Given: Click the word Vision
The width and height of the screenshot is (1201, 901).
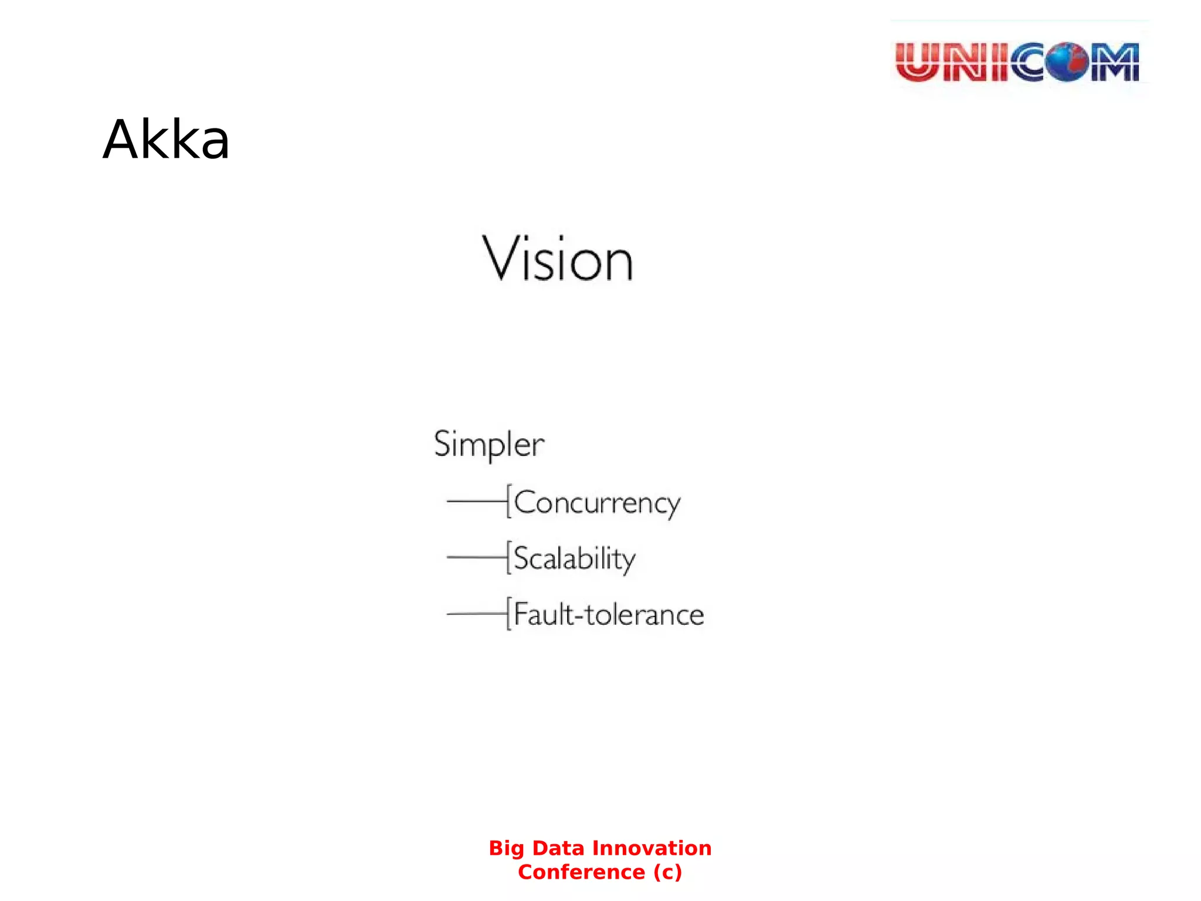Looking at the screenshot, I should coord(557,259).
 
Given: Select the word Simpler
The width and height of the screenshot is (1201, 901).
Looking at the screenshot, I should coord(489,444).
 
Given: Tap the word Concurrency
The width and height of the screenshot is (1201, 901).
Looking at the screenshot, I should coord(597,503).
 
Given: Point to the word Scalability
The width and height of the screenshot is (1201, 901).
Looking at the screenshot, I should coord(575,558).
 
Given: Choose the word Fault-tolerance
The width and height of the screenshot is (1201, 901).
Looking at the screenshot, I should coord(609,615).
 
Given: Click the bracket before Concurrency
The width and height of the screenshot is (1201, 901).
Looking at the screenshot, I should coord(509,502).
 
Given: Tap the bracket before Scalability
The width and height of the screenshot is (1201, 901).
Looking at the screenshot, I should coord(509,557).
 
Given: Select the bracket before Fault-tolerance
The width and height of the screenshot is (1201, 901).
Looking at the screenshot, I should coord(509,614).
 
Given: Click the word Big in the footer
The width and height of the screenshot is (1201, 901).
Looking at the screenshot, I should coord(507,848).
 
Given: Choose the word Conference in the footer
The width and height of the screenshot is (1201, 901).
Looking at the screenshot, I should coord(581,872).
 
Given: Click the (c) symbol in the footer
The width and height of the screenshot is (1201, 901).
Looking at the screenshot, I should coord(667,872).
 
